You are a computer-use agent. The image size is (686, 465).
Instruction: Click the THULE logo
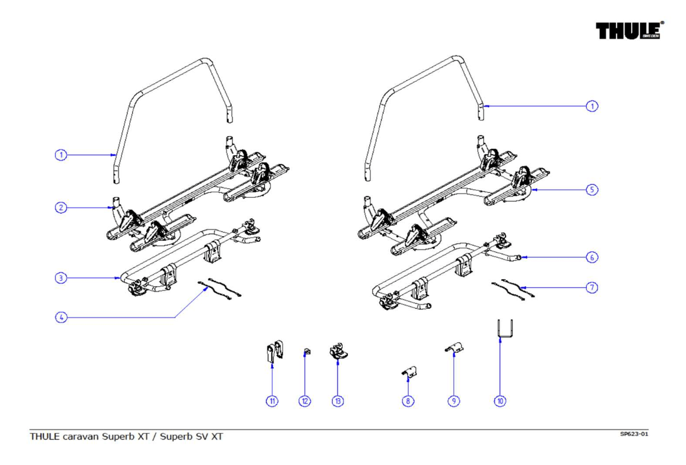click(x=629, y=31)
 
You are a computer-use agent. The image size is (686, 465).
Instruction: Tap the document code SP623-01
click(x=634, y=434)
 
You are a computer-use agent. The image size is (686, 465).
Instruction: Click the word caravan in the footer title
click(x=81, y=437)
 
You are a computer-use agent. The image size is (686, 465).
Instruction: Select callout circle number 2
click(x=61, y=208)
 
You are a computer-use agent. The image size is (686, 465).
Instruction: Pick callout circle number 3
click(x=61, y=278)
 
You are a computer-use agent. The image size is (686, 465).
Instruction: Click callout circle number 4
click(x=61, y=317)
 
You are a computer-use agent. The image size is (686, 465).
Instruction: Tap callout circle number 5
click(x=592, y=190)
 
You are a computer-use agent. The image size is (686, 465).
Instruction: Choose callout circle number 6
click(x=592, y=257)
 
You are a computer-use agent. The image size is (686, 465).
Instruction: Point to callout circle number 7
click(x=592, y=287)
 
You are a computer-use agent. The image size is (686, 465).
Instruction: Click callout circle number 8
click(x=408, y=401)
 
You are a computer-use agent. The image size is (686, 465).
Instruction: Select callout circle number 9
click(x=454, y=401)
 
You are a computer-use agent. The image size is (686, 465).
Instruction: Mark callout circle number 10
click(x=500, y=401)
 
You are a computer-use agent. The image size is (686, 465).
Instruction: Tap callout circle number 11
click(x=272, y=401)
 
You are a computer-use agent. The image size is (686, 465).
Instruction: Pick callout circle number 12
click(x=305, y=401)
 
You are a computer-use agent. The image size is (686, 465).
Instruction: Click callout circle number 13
click(x=338, y=401)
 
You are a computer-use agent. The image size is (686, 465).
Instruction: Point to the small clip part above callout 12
click(x=306, y=352)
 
